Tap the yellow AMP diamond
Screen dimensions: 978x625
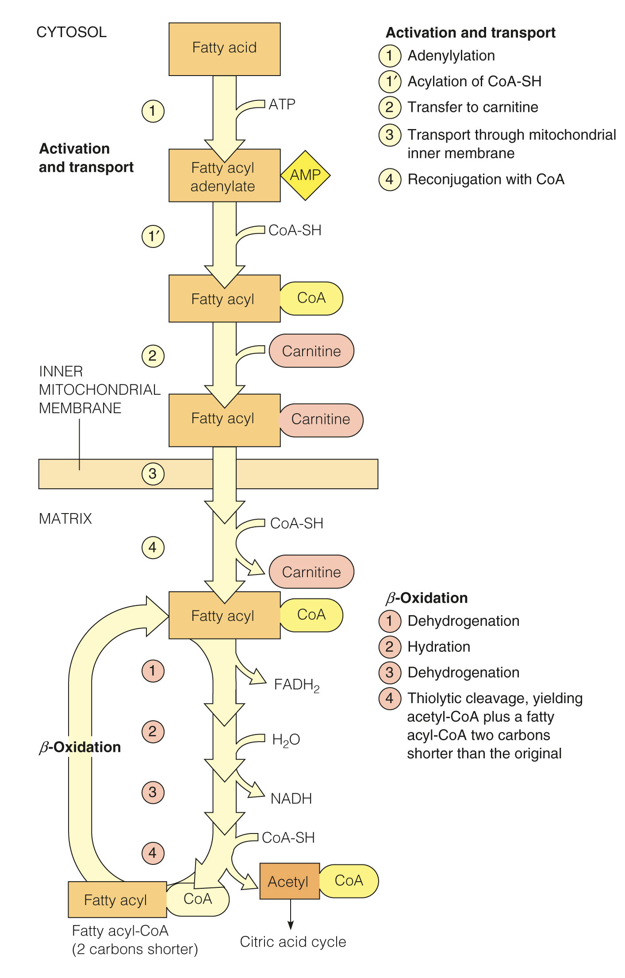point(305,175)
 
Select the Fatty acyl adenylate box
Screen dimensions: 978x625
point(224,176)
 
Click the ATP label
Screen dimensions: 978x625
point(282,104)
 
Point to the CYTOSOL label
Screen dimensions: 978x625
point(71,32)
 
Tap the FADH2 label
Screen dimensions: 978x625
point(296,685)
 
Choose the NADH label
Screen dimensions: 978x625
point(291,799)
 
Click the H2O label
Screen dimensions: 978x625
point(286,740)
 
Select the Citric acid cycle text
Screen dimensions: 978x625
point(293,942)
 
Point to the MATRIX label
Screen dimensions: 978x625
point(65,518)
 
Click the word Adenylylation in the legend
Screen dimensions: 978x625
point(451,56)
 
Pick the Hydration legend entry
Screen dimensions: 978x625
point(438,647)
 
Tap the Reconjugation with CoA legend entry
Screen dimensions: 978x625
point(486,179)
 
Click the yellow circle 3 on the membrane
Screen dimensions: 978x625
point(153,474)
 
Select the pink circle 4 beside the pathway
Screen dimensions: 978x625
point(153,853)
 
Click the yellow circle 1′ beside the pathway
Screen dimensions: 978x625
point(153,236)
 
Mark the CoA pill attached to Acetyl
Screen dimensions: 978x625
point(349,881)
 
